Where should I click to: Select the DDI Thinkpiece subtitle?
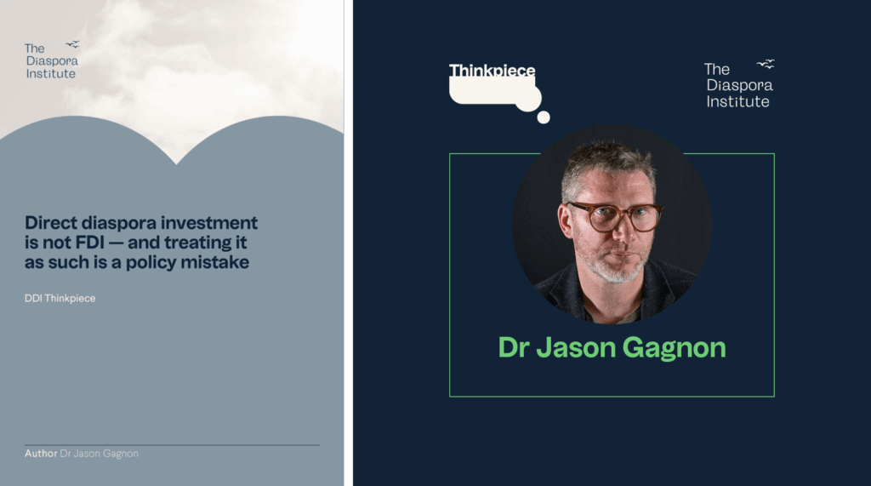point(60,298)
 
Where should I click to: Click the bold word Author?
point(41,453)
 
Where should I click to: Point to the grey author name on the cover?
point(99,454)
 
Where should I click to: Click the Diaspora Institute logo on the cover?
point(52,60)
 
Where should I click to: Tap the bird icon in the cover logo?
point(73,44)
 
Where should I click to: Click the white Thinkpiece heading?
point(492,70)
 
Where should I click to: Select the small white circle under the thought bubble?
point(544,117)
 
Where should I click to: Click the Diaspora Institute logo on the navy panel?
point(739,83)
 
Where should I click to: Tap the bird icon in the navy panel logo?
point(766,64)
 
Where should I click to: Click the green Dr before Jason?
point(514,347)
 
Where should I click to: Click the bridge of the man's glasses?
point(623,210)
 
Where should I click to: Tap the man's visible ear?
point(565,221)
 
